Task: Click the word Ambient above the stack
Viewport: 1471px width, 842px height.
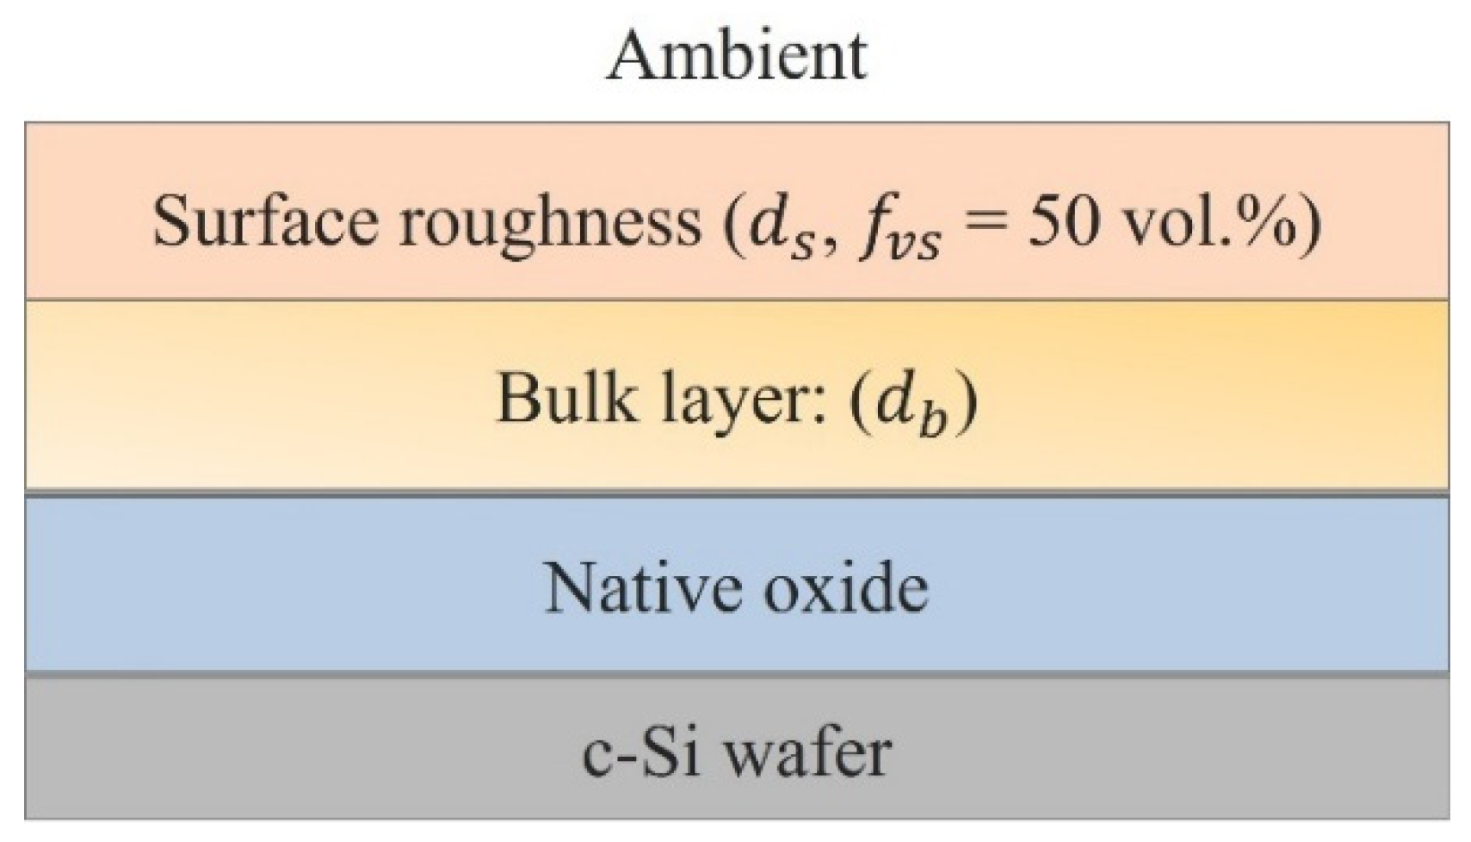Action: [736, 55]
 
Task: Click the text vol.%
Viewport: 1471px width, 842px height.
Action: [1205, 220]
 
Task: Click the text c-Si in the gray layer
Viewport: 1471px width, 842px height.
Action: [641, 752]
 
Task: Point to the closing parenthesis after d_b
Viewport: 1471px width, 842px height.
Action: [967, 401]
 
